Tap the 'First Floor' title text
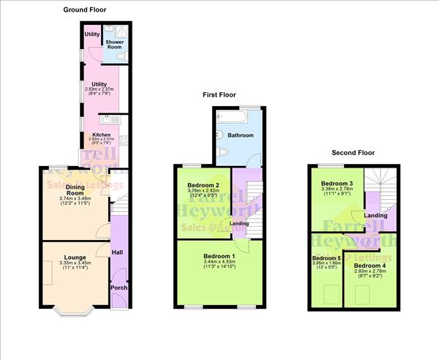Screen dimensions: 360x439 219,94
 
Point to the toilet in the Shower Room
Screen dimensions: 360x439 121,56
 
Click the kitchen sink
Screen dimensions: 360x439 107,119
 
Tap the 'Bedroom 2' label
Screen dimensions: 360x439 203,187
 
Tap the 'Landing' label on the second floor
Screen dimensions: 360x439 376,215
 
